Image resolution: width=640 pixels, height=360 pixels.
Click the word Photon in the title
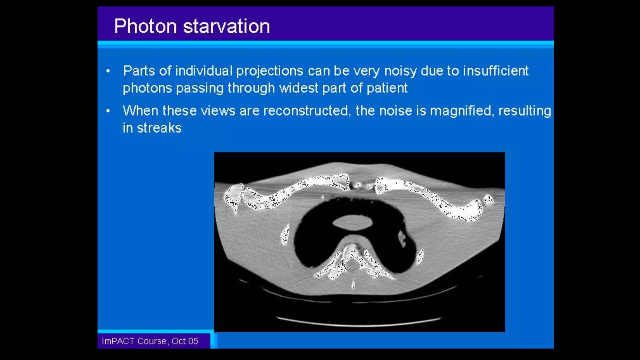145,26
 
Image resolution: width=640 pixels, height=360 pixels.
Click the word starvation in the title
226,26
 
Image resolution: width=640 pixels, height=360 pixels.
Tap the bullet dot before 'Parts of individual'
108,71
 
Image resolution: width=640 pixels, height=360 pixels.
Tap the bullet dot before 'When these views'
108,111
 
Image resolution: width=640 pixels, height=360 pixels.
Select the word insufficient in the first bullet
495,71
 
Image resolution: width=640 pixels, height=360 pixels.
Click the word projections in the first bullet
269,71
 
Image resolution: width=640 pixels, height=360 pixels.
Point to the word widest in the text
298,88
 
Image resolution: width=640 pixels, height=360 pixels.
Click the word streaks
159,128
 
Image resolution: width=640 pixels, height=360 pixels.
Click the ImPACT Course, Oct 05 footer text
150,341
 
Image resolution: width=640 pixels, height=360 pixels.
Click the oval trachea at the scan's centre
352,223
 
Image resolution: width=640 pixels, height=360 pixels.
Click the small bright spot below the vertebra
353,285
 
